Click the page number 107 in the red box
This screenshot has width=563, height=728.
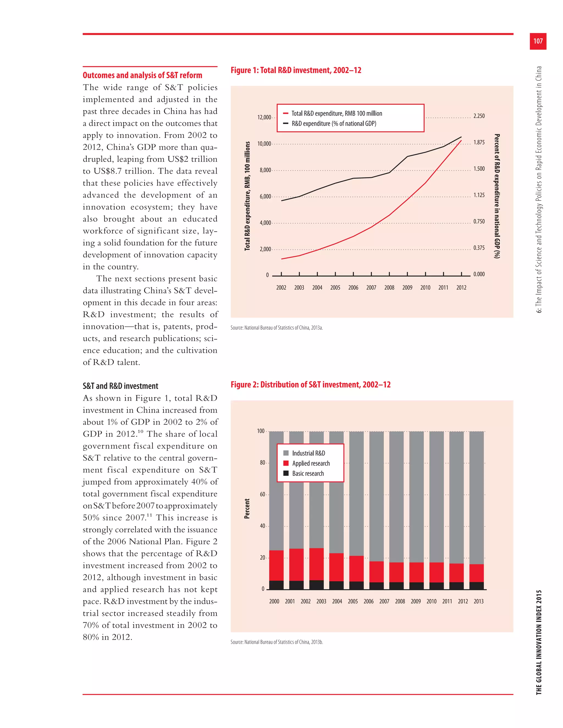pos(538,41)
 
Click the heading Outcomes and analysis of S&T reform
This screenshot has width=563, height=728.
pos(142,75)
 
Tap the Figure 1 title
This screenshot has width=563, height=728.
pos(296,70)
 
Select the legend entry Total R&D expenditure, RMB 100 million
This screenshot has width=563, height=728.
pos(336,113)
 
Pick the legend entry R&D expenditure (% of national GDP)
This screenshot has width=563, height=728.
pos(333,124)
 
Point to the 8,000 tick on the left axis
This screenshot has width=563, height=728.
pos(265,170)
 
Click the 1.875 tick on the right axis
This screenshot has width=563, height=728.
pos(479,142)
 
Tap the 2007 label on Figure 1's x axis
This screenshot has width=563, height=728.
pos(371,288)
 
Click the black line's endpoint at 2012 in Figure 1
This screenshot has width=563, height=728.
pos(461,137)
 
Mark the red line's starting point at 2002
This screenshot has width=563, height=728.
pos(281,259)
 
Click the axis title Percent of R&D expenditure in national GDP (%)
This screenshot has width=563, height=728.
pos(497,196)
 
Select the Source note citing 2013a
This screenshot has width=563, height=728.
pos(277,328)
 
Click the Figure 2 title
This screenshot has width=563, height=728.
pos(311,385)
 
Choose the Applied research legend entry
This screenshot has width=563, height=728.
pos(311,463)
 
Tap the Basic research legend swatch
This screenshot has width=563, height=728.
pos(286,473)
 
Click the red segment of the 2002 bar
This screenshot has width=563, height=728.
pos(316,564)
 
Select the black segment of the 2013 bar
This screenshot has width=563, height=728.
pos(476,586)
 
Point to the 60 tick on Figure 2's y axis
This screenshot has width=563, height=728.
pos(263,494)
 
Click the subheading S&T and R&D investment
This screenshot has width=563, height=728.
pos(120,386)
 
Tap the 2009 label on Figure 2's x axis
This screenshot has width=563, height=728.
pos(416,601)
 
